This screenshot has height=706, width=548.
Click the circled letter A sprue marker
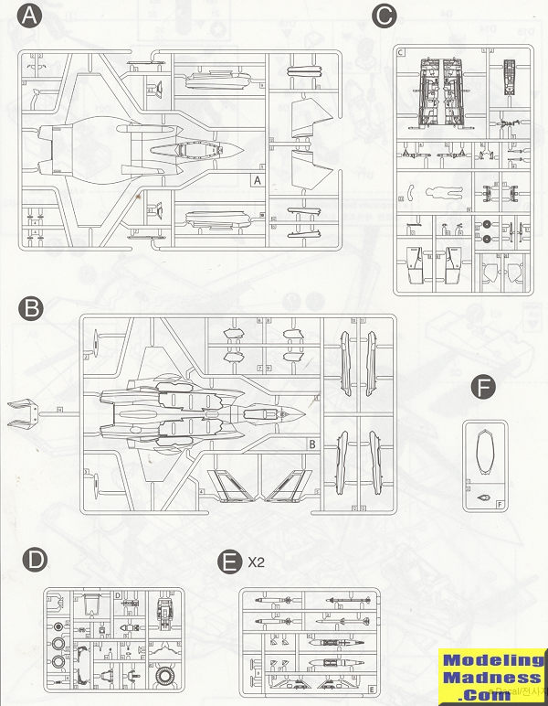tap(31, 17)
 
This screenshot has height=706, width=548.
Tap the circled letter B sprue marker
tap(31, 308)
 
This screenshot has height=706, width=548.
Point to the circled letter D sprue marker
tap(31, 560)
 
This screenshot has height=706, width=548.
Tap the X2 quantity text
tap(257, 560)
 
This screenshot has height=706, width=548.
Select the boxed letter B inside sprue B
tap(312, 445)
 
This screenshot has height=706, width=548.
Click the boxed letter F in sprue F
tap(500, 504)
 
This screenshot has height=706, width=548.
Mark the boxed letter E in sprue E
tap(371, 688)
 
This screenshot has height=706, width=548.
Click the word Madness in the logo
tap(490, 678)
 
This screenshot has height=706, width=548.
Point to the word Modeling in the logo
tap(490, 661)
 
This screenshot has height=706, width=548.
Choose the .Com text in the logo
tap(491, 694)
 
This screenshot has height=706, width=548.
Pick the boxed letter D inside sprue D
tap(119, 595)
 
